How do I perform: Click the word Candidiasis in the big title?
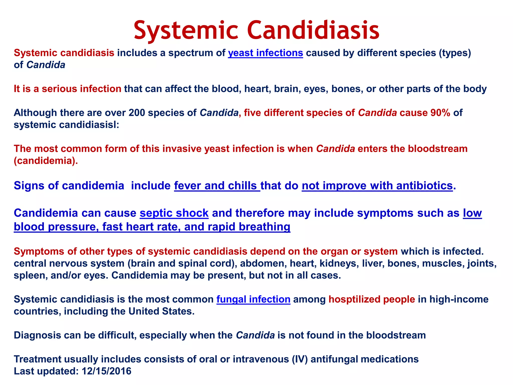313,31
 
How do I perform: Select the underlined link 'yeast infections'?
265,53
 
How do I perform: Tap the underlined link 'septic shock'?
174,213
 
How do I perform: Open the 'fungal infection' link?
253,299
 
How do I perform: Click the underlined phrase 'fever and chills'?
217,186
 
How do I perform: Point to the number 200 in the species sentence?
137,113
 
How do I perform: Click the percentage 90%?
440,113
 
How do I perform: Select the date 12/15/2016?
106,371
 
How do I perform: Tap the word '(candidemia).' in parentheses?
46,161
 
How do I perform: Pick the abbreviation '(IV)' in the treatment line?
300,359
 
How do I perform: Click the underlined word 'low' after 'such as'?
472,213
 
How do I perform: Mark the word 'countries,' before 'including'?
37,311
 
